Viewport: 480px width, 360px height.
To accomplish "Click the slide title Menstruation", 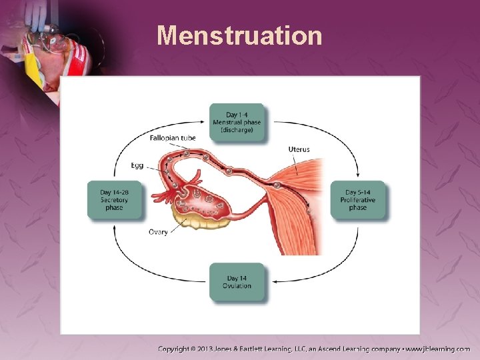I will (x=239, y=35).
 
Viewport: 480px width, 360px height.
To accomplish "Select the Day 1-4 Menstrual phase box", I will (x=237, y=122).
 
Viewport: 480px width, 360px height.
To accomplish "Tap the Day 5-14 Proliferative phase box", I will (x=357, y=200).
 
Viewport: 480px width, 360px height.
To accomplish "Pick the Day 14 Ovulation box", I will (x=237, y=282).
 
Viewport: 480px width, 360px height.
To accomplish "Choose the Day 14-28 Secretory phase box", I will (x=115, y=200).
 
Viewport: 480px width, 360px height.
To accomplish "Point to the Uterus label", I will (x=299, y=149).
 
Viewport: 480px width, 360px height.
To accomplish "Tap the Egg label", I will (x=137, y=165).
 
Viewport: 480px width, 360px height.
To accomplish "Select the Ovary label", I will (x=158, y=232).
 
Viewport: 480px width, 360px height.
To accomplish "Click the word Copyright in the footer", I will (x=175, y=349).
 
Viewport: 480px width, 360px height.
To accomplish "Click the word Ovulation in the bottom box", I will (x=237, y=286).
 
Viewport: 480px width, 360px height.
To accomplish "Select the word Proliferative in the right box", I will (x=357, y=200).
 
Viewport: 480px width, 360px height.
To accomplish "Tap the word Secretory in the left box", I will (x=115, y=200).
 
